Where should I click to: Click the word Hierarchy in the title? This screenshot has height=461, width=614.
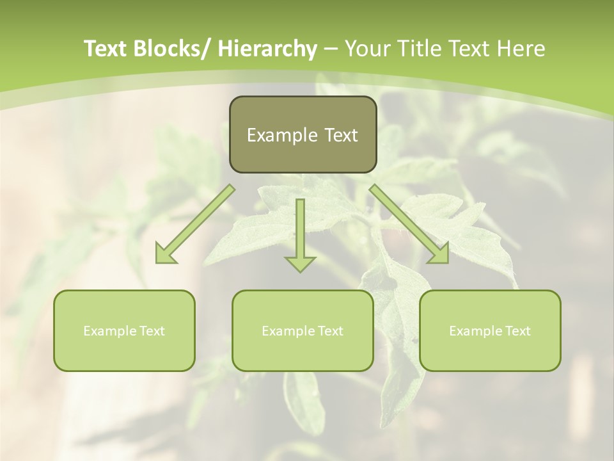click(x=267, y=49)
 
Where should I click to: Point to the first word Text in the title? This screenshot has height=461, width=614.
click(x=105, y=49)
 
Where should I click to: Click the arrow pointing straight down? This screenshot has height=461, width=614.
click(x=300, y=230)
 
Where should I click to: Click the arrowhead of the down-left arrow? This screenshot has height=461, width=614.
click(x=166, y=254)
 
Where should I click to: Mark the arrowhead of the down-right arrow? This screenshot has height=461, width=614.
click(x=439, y=254)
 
